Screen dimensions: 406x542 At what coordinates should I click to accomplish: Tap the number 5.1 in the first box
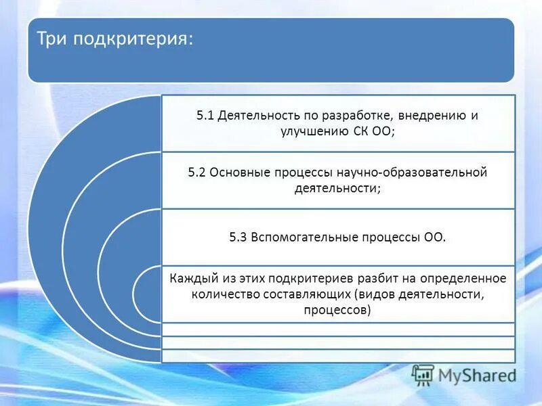pos(205,116)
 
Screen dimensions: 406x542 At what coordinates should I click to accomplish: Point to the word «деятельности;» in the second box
pos(337,189)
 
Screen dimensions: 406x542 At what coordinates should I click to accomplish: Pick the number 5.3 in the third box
pos(238,238)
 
